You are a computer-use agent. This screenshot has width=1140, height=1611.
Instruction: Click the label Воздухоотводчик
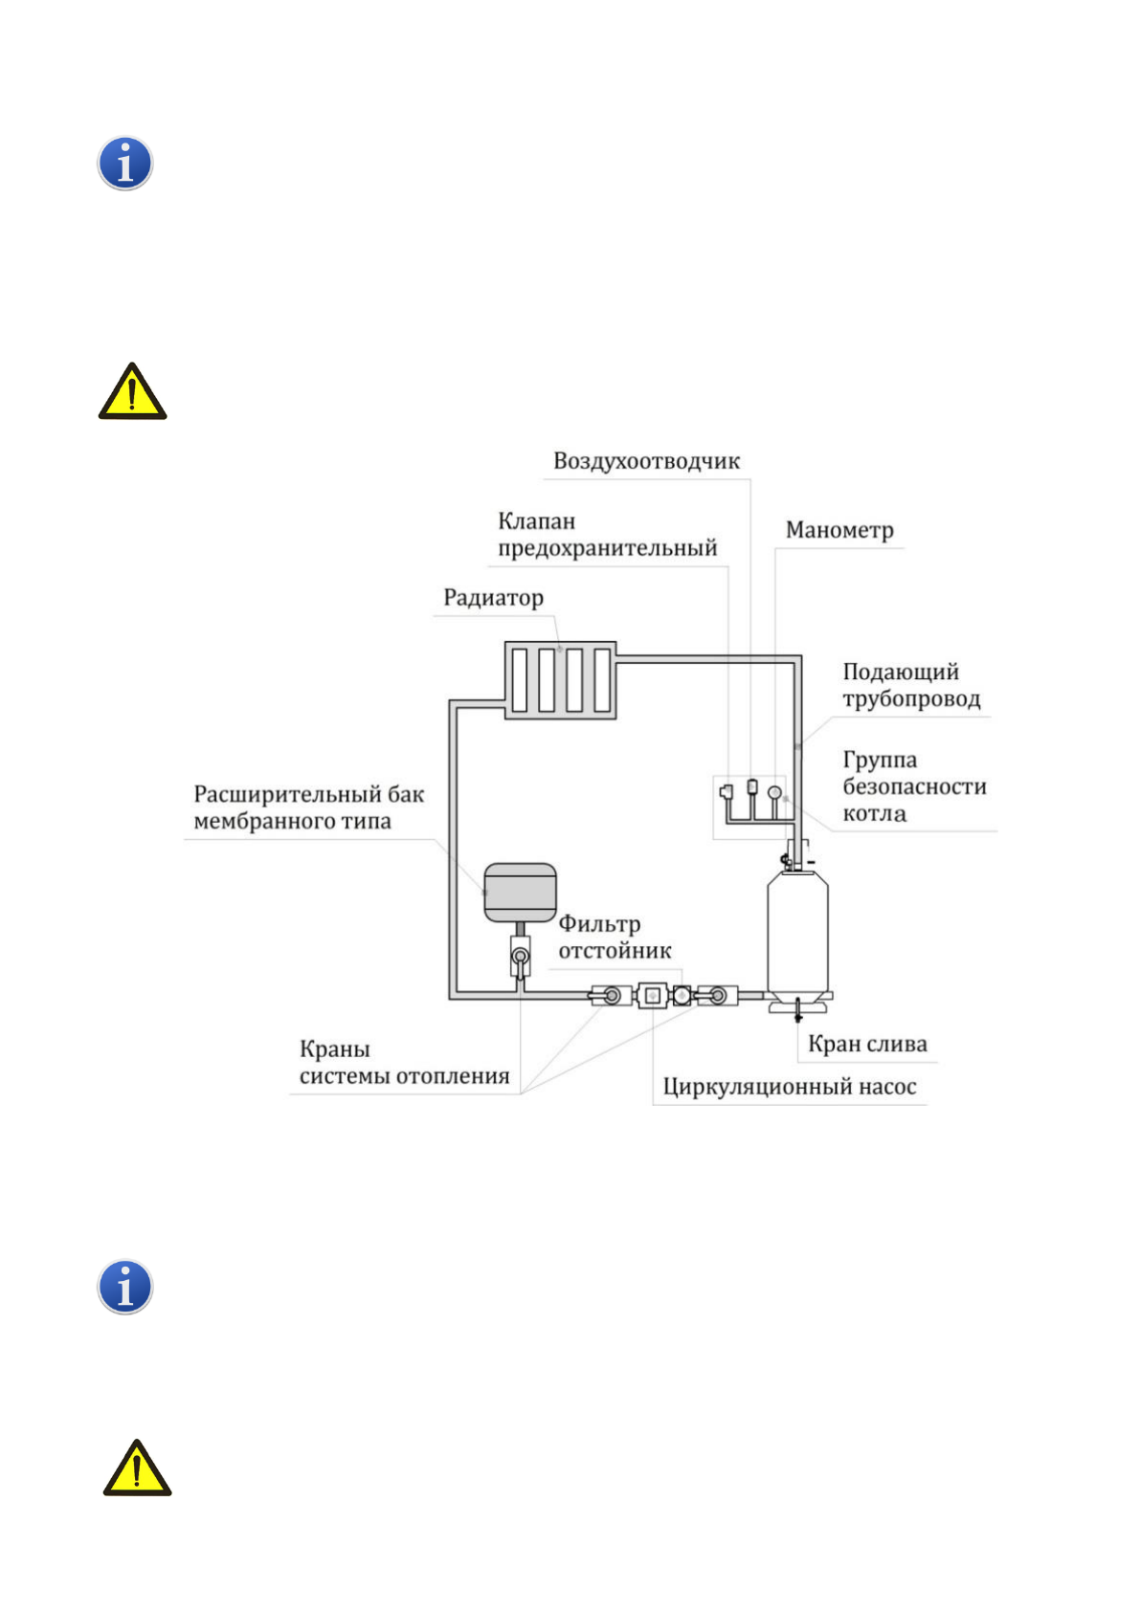point(646,461)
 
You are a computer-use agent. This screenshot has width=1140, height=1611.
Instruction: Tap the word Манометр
point(838,530)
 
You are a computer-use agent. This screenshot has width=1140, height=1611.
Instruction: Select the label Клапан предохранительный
point(607,535)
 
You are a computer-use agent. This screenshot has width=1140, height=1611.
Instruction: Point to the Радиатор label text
point(493,598)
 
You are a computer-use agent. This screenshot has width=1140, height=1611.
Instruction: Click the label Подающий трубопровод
point(911,685)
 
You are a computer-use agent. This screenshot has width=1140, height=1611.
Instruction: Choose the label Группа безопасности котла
point(913,786)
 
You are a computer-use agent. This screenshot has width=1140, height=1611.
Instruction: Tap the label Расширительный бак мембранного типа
point(308,807)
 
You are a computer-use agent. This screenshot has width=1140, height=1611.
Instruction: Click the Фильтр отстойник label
point(615,938)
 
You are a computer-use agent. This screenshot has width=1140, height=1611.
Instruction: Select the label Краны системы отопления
point(404,1063)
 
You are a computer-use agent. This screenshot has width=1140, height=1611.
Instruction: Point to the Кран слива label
point(867,1044)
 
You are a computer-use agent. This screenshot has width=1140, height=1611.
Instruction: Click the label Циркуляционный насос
point(789,1087)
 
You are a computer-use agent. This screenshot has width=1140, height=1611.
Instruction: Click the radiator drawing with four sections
point(560,680)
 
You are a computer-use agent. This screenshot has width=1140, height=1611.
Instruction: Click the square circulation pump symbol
point(652,996)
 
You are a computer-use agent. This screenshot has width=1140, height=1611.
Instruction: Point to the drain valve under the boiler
point(798,1009)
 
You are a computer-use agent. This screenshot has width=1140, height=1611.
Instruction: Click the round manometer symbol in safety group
point(774,793)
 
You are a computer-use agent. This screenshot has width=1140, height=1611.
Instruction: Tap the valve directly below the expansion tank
point(520,957)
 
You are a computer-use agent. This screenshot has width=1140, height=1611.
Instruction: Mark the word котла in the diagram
point(874,814)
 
